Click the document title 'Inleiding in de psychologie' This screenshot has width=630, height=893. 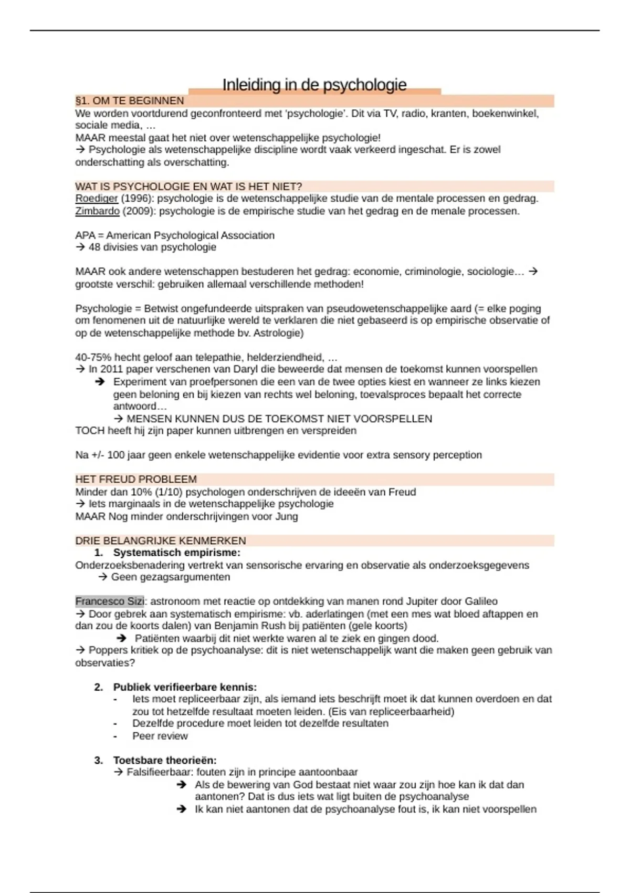pos(314,85)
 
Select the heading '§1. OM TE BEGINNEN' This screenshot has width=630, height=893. pos(130,101)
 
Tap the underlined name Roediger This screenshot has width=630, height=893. pos(97,199)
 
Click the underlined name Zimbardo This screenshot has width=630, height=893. pos(98,211)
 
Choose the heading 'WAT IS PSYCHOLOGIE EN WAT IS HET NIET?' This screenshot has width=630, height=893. pos(188,186)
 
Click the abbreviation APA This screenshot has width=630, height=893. pos(85,235)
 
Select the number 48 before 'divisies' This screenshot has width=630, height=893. pos(94,247)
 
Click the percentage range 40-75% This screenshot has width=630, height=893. pos(93,358)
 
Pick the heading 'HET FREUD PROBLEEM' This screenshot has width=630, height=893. pos(136,480)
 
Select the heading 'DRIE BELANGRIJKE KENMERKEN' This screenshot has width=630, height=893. pos(161,541)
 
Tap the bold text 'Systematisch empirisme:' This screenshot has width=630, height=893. pos(176,553)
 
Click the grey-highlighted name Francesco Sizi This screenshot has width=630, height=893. pos(110,601)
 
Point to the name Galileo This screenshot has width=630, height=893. pos(478,601)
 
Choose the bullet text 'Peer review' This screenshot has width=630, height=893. pos(160,736)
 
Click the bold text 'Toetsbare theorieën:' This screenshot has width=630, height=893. pos(165,760)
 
